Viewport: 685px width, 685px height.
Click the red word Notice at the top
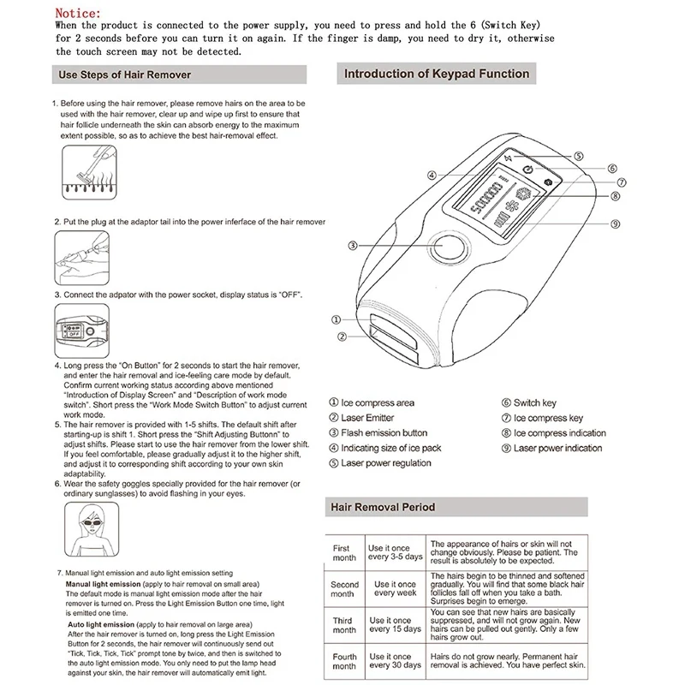point(78,13)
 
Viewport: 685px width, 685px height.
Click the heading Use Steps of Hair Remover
point(124,74)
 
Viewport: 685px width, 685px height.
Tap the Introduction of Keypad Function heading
point(437,74)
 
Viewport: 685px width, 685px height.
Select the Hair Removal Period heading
point(383,507)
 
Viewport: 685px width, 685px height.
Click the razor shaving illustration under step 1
point(89,172)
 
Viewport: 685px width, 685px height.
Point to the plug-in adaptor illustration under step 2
point(81,258)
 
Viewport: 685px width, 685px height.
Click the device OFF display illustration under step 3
point(81,331)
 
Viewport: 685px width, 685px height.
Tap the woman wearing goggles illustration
point(92,529)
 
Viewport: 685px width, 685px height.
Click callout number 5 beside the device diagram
point(579,156)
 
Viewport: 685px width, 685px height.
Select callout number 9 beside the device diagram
point(615,223)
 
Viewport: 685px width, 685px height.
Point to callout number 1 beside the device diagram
point(336,319)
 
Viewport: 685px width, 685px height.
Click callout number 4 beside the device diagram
point(432,176)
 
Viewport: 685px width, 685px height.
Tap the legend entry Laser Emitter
point(361,418)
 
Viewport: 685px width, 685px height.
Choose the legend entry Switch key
point(529,402)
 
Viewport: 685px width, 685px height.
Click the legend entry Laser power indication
point(551,448)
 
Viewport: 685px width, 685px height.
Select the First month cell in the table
point(344,552)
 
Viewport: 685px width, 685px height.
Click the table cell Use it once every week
point(395,588)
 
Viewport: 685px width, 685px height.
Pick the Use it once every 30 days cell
point(395,660)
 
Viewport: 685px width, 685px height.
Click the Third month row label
point(344,625)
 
